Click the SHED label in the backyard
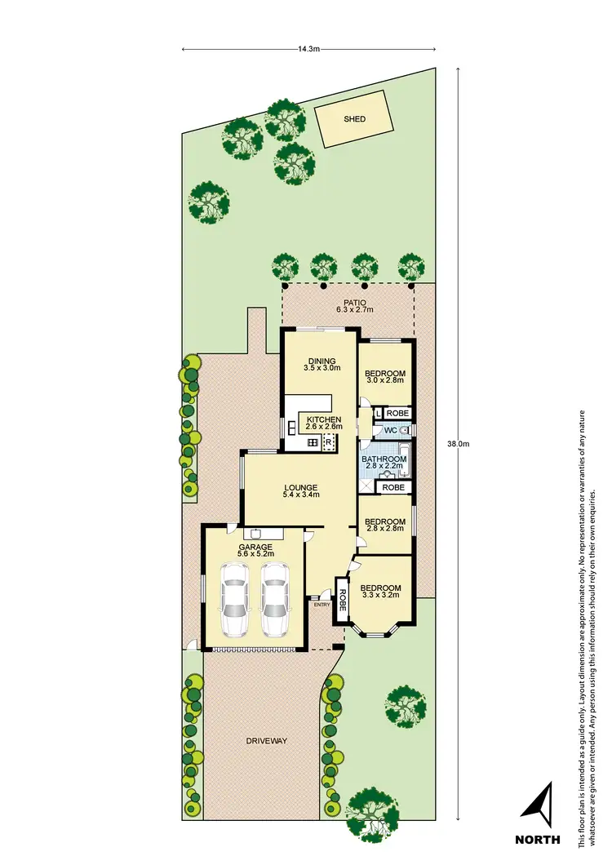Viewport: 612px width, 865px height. (x=354, y=119)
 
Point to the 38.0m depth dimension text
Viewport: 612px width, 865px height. (x=458, y=444)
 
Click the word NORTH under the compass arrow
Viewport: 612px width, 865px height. (x=537, y=839)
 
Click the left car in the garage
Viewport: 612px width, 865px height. (x=234, y=602)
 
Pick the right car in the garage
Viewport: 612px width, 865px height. (x=275, y=602)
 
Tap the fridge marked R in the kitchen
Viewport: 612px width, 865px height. (x=329, y=441)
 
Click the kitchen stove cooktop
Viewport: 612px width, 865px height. (x=312, y=441)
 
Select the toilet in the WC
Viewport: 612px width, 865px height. (x=403, y=429)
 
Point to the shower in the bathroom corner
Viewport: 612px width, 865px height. (x=366, y=486)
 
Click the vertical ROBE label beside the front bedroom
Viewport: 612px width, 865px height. (x=344, y=601)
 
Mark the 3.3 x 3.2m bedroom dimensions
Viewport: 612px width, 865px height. (x=382, y=597)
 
